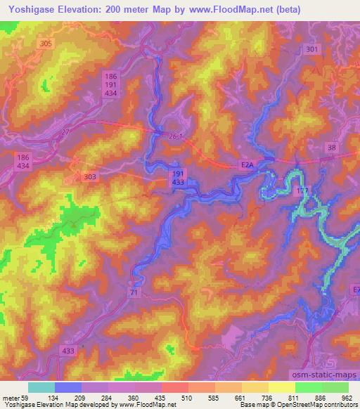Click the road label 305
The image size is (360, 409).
coord(46,44)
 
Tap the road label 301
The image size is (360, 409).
coord(312,49)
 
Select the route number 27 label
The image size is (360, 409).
coord(66,131)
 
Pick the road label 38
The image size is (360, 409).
coord(331,147)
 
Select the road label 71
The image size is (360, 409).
coord(135,290)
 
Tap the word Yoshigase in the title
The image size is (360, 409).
coord(32,11)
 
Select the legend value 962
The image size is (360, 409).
coord(347,398)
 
